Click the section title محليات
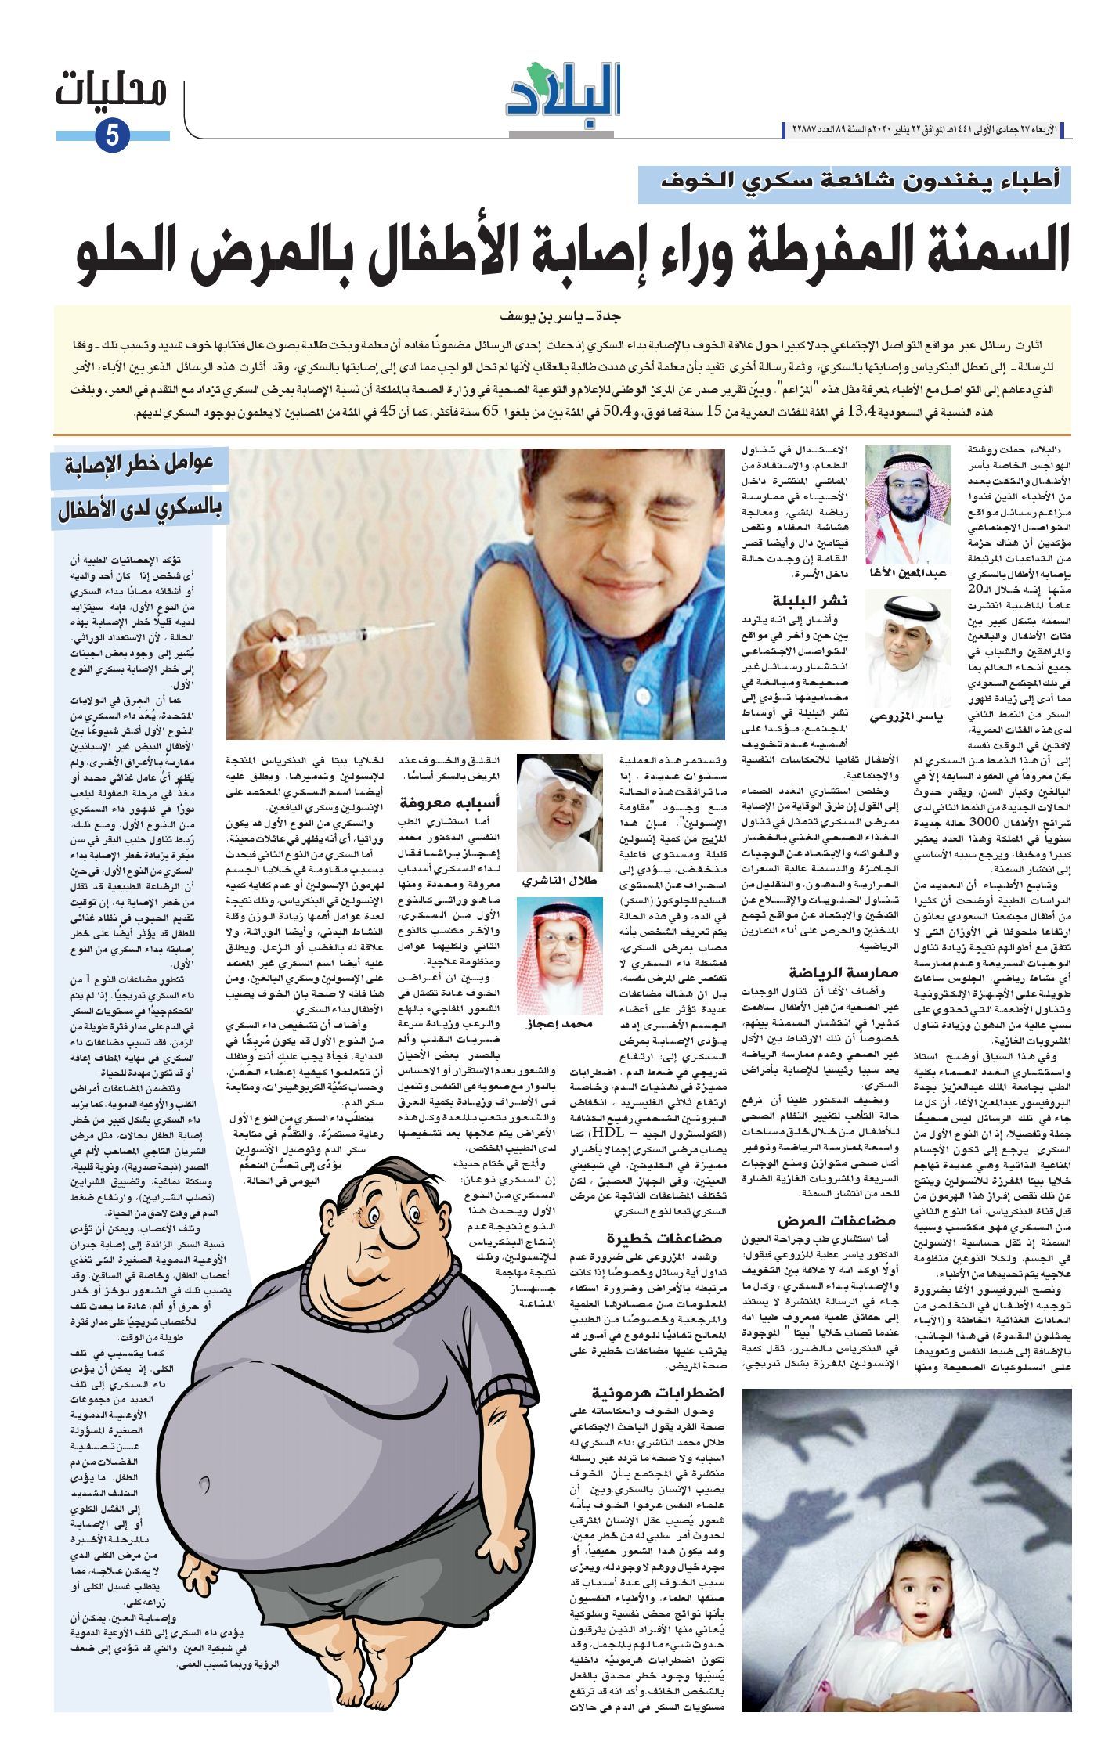coord(112,92)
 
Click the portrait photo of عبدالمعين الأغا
coord(908,504)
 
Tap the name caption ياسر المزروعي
coord(908,718)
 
